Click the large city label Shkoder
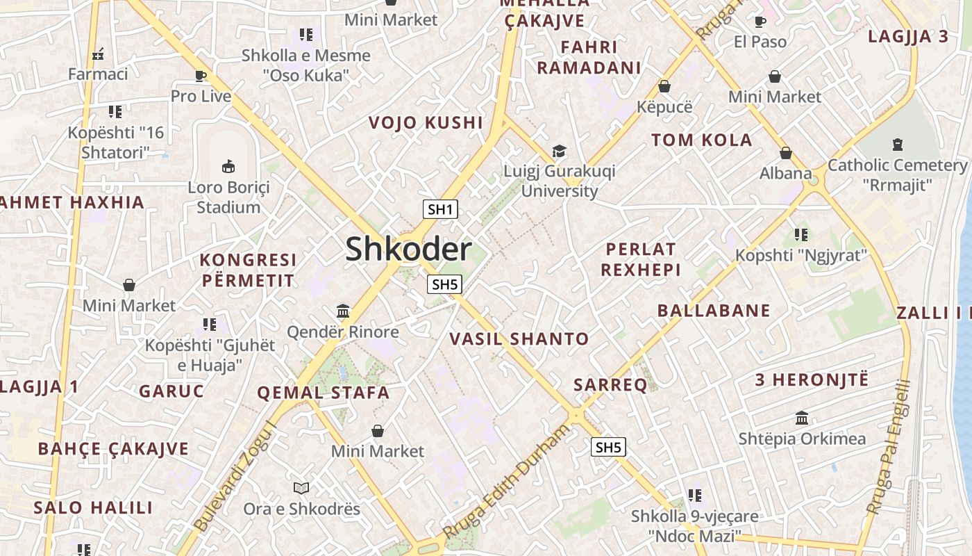[408, 249]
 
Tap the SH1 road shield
[440, 209]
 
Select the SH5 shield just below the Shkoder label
[444, 284]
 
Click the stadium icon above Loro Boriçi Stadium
[228, 166]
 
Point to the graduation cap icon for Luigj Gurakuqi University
[559, 151]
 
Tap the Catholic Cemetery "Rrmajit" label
[897, 174]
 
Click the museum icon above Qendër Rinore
[343, 311]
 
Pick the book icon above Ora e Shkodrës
[301, 488]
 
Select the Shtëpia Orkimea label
[802, 439]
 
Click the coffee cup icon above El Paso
[760, 22]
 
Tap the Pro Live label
[201, 96]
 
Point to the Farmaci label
[98, 74]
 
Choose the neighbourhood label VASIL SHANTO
[519, 339]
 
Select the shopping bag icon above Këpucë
[664, 86]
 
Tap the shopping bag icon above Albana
[786, 153]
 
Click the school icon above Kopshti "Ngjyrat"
[801, 235]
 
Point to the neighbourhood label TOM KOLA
[702, 140]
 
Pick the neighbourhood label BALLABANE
[714, 310]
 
